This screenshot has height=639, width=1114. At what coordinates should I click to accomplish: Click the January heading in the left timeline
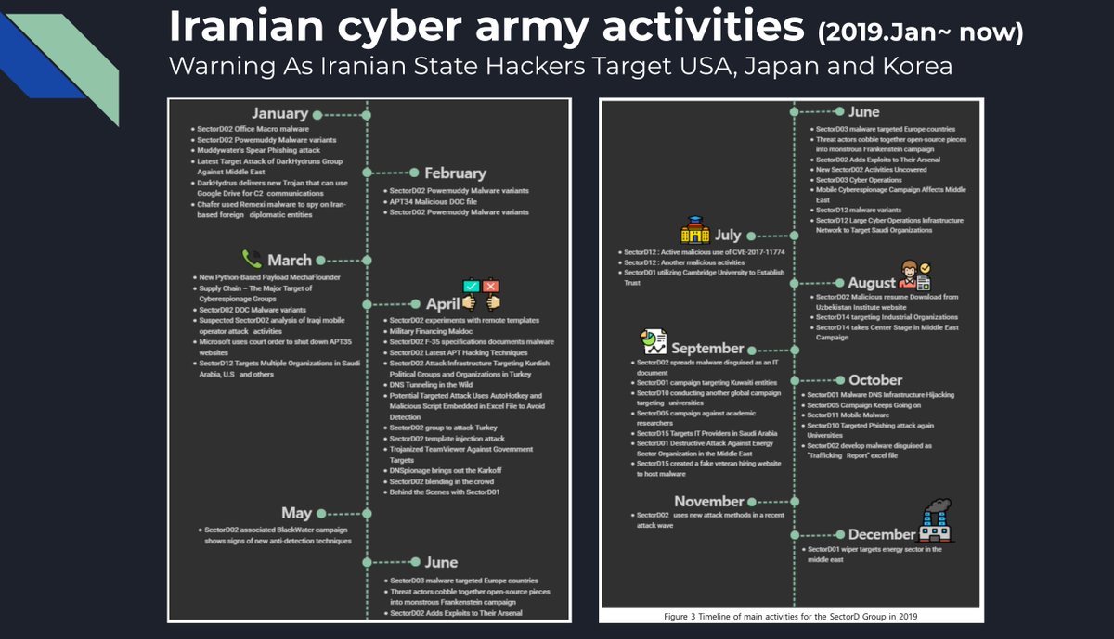coord(278,114)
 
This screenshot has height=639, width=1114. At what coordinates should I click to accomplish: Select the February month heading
coord(455,173)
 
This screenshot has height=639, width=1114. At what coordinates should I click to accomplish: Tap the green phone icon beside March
coord(252,259)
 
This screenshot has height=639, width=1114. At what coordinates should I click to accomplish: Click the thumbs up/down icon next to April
coord(481,294)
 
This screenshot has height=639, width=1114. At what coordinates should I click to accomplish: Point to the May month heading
coord(296,513)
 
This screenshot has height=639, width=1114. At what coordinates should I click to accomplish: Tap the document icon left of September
coord(653,341)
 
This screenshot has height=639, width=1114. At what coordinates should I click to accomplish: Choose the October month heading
coord(874,380)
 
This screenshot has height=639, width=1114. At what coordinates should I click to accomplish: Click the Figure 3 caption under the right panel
coord(791,615)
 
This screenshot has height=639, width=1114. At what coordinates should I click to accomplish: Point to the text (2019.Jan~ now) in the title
coord(920,32)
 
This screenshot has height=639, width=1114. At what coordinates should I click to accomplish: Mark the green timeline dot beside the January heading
coord(317,115)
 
